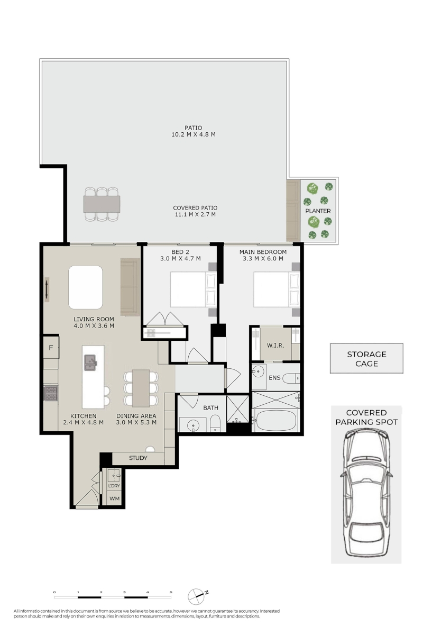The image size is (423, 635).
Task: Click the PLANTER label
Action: click(318, 211)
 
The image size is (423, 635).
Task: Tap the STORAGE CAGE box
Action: click(366, 359)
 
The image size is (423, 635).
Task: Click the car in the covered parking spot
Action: click(366, 493)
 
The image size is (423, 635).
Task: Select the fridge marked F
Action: click(51, 347)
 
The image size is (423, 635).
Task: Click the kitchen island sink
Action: click(90, 362)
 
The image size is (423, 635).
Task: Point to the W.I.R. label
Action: click(275, 345)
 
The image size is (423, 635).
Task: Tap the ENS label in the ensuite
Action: click(274, 378)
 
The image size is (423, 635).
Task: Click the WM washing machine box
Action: click(114, 498)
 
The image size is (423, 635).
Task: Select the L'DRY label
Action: click(114, 486)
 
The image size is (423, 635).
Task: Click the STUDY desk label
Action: click(138, 458)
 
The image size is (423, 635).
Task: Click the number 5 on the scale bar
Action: click(171, 592)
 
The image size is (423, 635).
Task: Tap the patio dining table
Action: click(102, 204)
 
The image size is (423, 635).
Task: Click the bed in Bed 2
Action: click(193, 289)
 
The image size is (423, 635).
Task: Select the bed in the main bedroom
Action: click(277, 289)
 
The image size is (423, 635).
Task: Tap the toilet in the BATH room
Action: click(215, 423)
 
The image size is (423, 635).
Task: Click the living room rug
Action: click(85, 287)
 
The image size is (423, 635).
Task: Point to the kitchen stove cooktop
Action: click(50, 394)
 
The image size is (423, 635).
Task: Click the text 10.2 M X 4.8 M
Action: click(193, 134)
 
